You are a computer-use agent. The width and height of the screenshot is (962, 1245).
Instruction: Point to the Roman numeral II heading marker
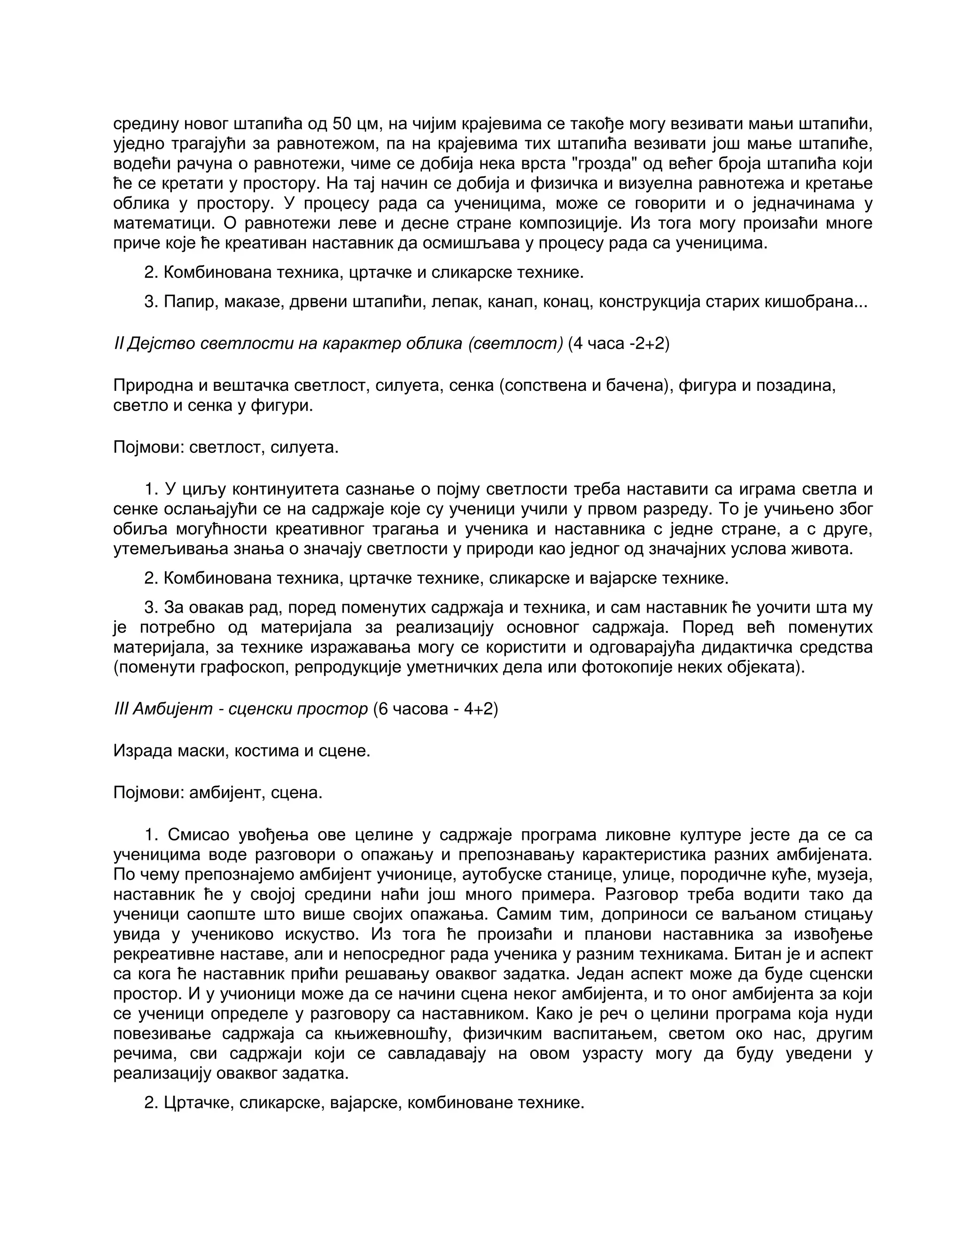[118, 344]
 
